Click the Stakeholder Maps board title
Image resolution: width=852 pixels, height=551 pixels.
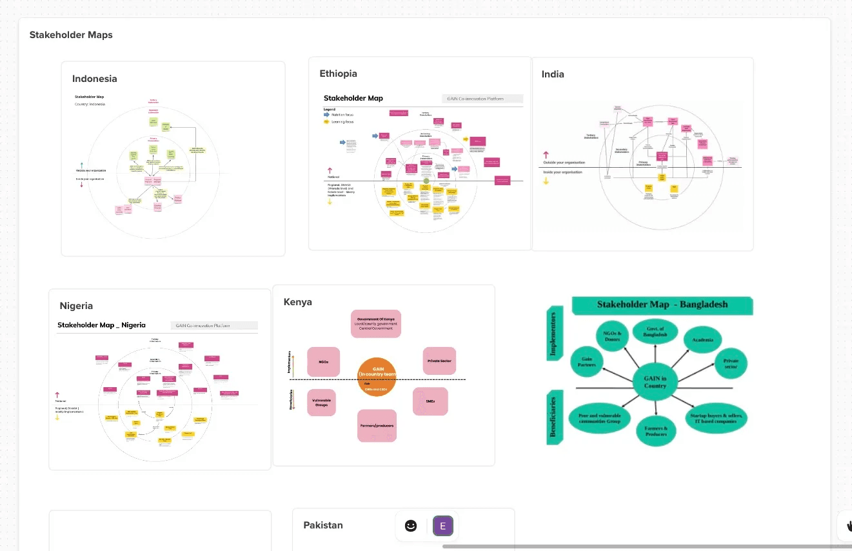[x=71, y=35]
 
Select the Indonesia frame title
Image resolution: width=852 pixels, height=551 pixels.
[x=95, y=79]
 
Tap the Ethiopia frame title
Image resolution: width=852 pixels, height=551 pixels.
[x=338, y=74]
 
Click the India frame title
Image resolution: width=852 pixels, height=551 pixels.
[x=553, y=74]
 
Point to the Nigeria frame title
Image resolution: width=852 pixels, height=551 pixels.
[x=76, y=306]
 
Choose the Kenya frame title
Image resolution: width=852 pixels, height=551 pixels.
[x=297, y=302]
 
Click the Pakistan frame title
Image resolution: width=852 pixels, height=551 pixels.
[x=323, y=525]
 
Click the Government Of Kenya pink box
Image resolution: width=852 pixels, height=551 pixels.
[x=376, y=324]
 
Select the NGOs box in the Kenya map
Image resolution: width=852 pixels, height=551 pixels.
[x=324, y=362]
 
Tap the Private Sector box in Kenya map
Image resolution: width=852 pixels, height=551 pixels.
[x=439, y=361]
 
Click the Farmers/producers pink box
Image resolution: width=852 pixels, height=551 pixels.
[x=377, y=426]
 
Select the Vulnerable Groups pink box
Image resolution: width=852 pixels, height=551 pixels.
[x=321, y=403]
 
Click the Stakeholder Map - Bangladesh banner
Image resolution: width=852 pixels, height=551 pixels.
[x=662, y=305]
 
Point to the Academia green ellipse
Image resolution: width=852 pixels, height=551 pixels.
[x=702, y=339]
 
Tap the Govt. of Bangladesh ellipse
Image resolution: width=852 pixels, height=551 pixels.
[x=655, y=333]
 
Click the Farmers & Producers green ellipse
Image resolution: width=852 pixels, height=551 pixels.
[x=656, y=430]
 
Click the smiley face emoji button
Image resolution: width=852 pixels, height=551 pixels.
[x=411, y=526]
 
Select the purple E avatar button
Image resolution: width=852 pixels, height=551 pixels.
[x=443, y=526]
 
